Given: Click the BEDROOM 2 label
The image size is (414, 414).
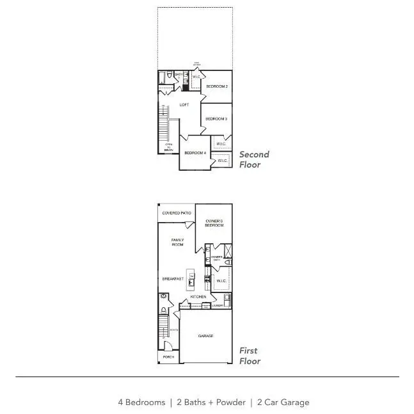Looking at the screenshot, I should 217,86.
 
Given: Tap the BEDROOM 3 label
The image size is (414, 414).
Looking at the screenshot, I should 216,119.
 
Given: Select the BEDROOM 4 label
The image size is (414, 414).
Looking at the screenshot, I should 195,153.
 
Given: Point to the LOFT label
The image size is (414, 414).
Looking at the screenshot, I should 184,105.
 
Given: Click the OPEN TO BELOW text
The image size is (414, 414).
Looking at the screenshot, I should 169,147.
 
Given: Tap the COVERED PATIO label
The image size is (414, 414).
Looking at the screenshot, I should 177,212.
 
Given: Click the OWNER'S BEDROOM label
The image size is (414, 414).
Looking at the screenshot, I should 214,223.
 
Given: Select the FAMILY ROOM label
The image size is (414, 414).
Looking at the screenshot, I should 177,242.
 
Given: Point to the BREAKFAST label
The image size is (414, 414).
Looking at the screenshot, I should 173,279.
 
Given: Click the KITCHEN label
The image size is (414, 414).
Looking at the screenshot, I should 198,297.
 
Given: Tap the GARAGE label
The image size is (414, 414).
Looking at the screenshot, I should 205,336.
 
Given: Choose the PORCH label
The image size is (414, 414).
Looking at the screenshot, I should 168,356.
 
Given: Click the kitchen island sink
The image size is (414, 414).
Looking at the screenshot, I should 191,282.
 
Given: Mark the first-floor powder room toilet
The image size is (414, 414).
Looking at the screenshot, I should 164,310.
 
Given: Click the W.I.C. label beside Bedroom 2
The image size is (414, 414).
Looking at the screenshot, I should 196,77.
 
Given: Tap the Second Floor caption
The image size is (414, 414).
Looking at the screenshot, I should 254,159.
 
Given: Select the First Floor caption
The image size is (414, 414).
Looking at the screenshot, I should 250,356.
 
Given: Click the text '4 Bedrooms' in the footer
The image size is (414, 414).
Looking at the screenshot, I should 141,402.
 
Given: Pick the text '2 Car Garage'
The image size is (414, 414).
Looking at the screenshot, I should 283,402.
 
